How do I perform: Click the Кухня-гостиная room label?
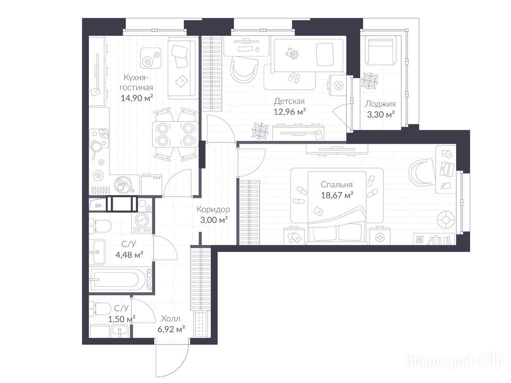click(x=137, y=82)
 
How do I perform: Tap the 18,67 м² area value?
click(x=337, y=195)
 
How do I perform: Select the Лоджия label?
click(x=380, y=104)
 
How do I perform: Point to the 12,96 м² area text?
click(x=289, y=112)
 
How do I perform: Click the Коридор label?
click(x=213, y=209)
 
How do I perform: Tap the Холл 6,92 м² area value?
click(x=172, y=329)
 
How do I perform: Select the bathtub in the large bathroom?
click(x=121, y=279)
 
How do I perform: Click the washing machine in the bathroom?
click(x=142, y=222)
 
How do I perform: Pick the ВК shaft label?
click(x=98, y=205)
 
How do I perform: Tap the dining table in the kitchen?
click(x=175, y=134)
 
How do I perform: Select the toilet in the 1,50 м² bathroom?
click(x=99, y=308)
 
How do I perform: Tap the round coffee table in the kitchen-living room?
click(x=151, y=58)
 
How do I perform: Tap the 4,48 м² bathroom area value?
click(x=129, y=255)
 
